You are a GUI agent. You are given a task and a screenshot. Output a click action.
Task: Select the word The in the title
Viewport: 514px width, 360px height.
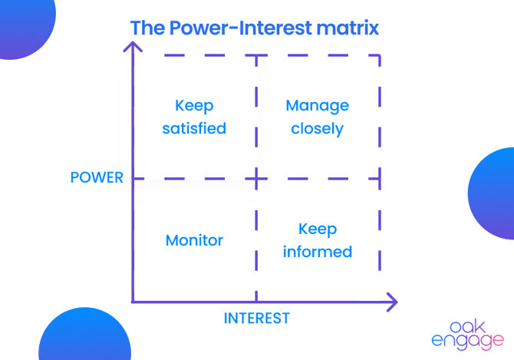pos(145,28)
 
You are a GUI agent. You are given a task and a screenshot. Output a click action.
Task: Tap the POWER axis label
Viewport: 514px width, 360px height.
pos(97,177)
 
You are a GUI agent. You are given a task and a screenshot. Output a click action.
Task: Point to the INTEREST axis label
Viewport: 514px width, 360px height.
pos(256,318)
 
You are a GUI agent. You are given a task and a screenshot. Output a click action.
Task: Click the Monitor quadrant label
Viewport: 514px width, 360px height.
pos(194,240)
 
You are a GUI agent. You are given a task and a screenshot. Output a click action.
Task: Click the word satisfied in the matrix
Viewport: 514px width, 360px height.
pos(194,128)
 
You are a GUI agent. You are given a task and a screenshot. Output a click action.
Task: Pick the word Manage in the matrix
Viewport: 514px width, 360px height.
pos(317,105)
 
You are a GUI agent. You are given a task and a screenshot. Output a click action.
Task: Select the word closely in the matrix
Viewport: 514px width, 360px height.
pos(317,128)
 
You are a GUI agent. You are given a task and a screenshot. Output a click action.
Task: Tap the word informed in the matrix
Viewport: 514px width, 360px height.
pos(317,252)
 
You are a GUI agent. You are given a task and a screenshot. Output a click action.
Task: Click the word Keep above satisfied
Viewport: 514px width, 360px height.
pos(194,105)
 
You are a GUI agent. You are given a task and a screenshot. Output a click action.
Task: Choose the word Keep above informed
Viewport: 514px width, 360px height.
pos(317,229)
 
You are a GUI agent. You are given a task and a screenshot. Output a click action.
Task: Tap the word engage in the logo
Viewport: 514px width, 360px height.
pos(469,339)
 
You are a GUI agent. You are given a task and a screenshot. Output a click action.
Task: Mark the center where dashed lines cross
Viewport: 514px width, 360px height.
pos(256,179)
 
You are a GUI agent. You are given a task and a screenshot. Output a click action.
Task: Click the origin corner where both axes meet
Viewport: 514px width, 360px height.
pos(133,302)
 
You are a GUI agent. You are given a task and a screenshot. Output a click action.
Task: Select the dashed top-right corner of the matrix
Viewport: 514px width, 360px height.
pos(380,55)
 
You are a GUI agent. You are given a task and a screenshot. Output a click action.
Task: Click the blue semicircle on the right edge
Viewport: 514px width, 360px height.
pos(495,193)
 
